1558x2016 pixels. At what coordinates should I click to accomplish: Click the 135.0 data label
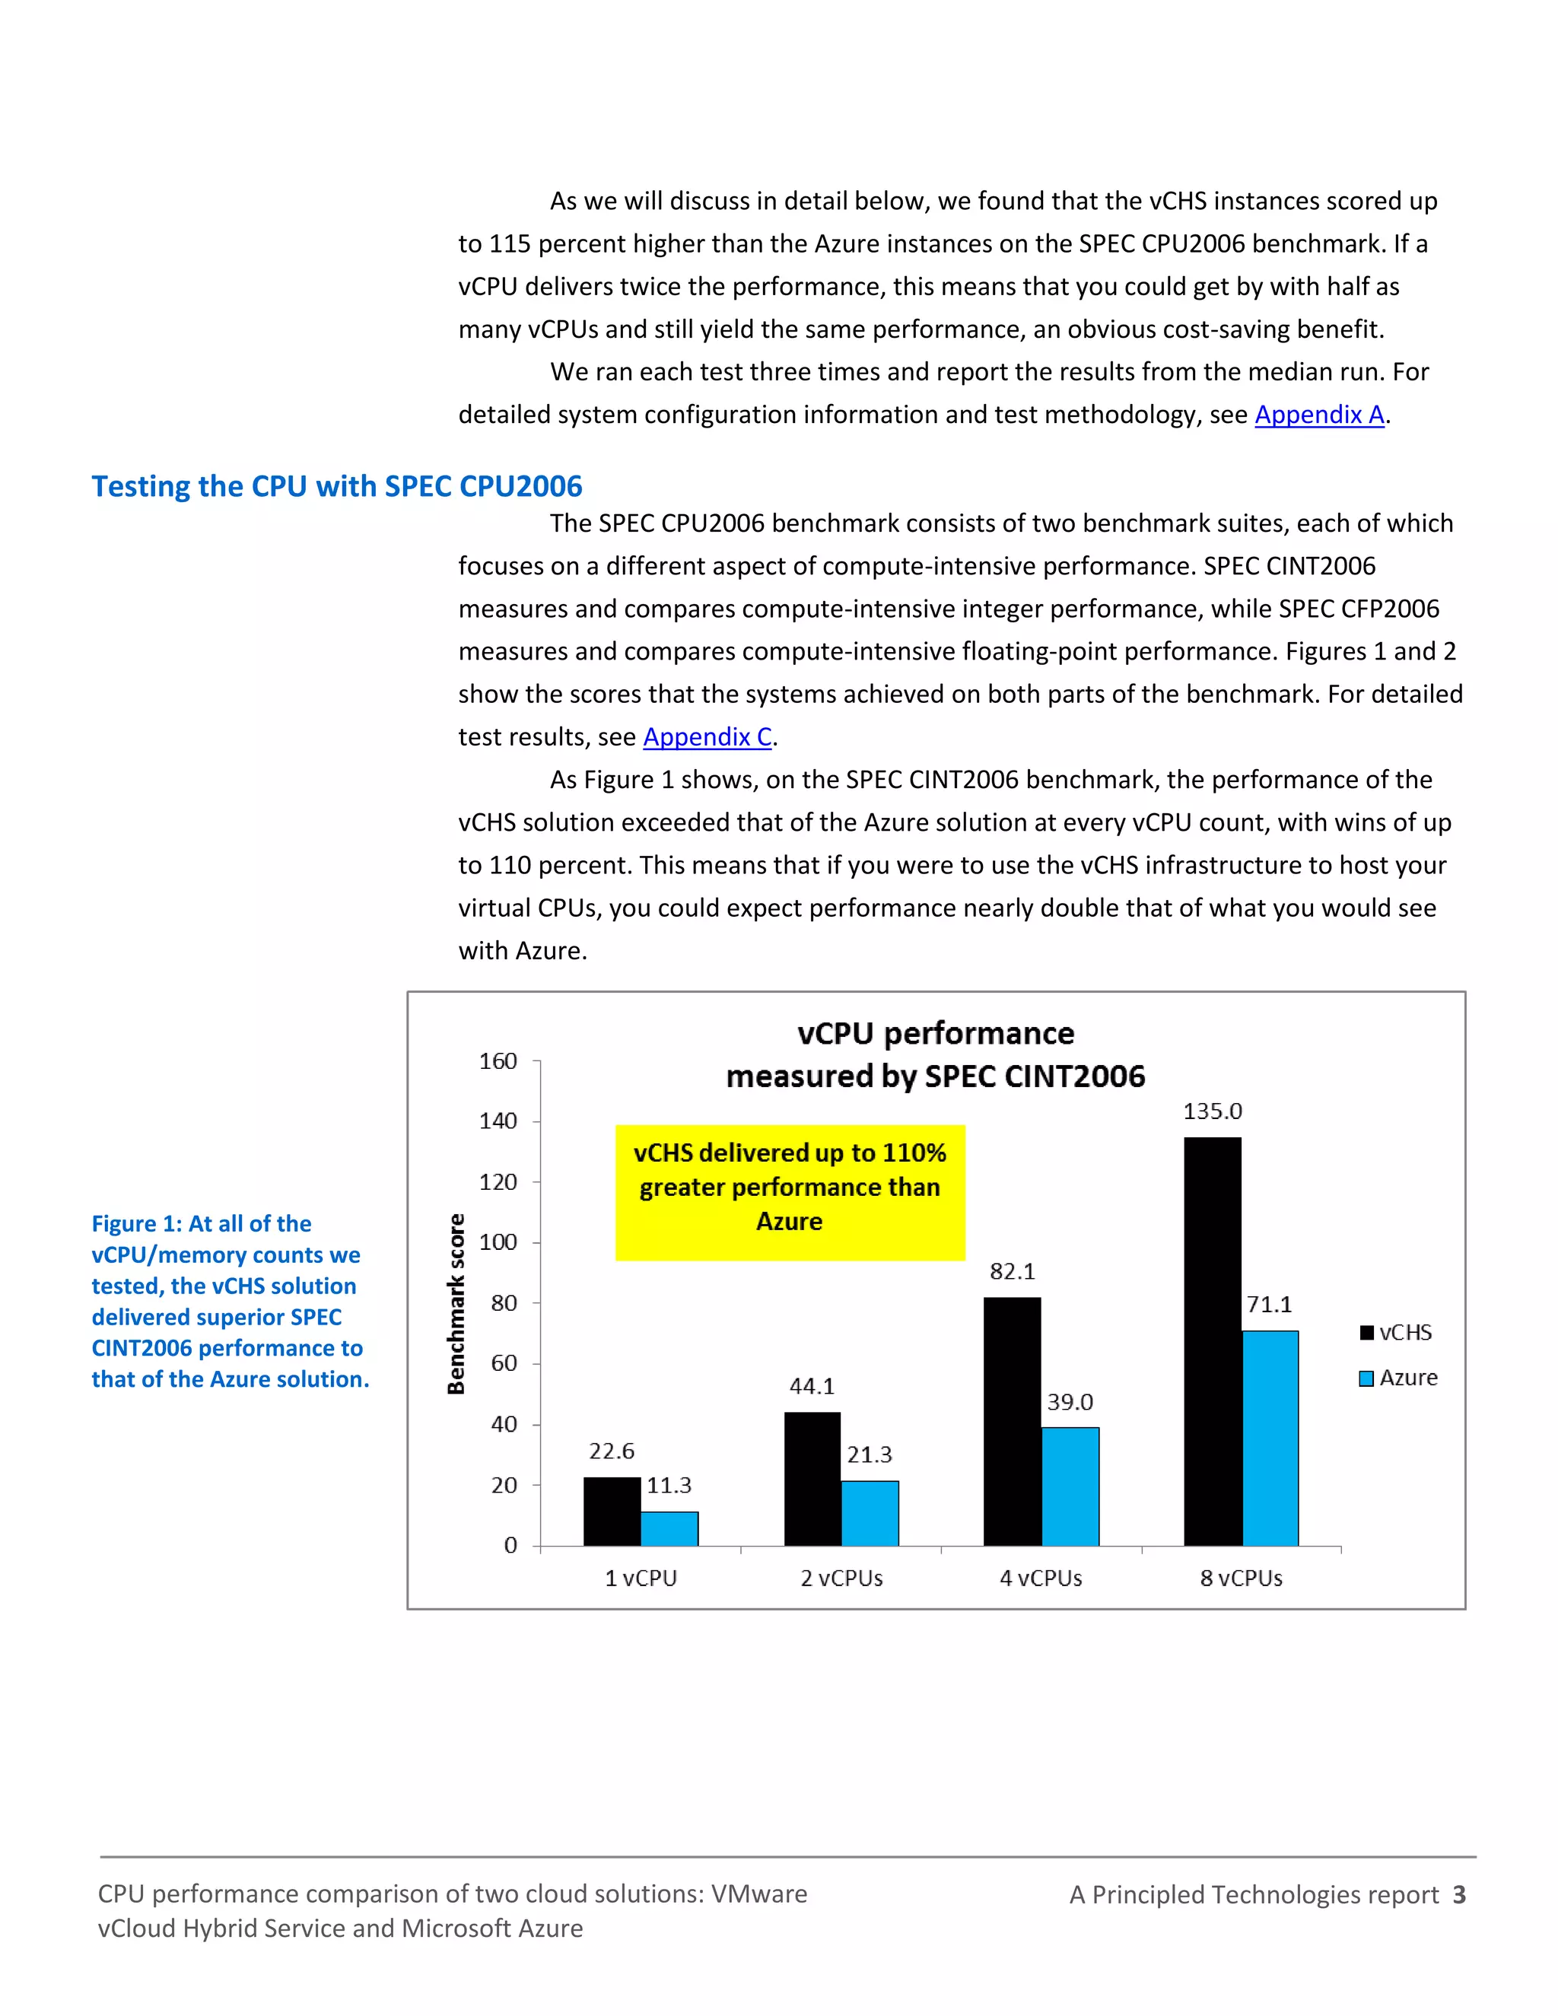(1212, 1111)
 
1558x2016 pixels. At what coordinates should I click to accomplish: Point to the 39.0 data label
(1070, 1402)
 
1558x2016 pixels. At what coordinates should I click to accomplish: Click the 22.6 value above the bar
(611, 1451)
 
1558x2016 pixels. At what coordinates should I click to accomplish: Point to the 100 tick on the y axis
(498, 1242)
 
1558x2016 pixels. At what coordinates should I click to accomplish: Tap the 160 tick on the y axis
(498, 1061)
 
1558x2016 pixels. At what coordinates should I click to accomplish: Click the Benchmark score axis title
(455, 1303)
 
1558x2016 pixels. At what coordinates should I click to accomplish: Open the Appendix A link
(1318, 415)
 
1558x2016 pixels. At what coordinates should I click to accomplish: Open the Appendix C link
(707, 736)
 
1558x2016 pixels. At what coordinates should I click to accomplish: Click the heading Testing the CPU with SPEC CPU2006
(337, 486)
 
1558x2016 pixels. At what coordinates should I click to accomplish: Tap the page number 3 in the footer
(1458, 1895)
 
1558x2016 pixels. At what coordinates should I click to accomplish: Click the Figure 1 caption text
(229, 1301)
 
